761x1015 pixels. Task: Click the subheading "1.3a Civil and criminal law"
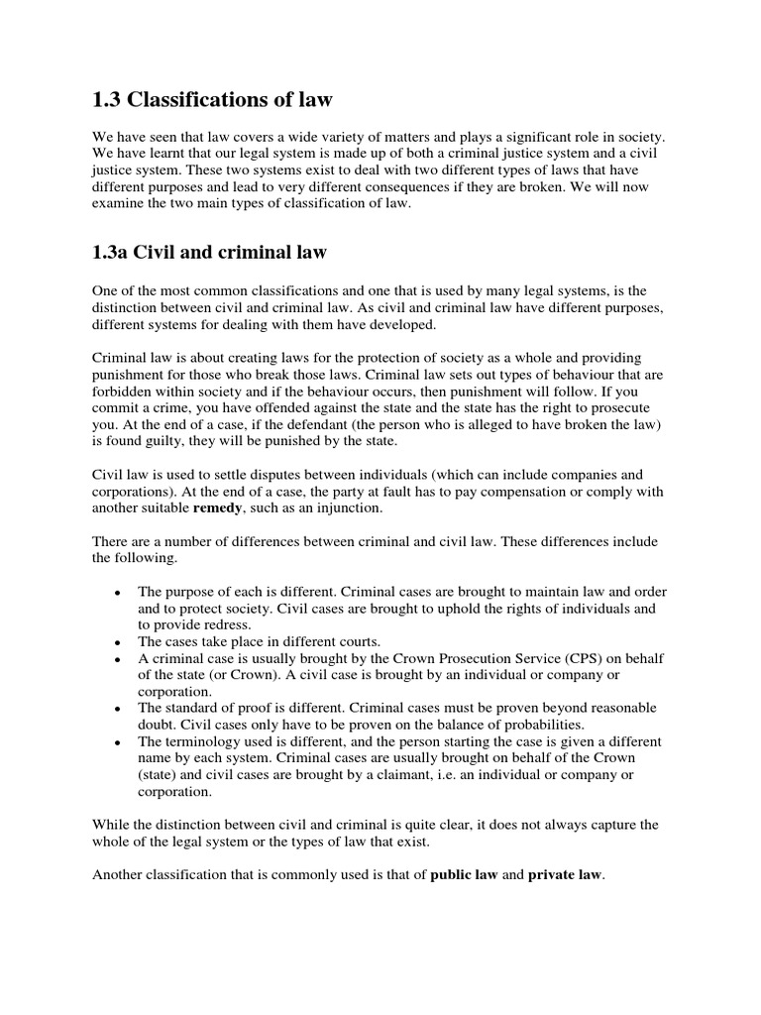coord(209,253)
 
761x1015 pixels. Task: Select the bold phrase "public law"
coord(465,875)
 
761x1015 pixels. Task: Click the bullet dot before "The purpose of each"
coord(118,593)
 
